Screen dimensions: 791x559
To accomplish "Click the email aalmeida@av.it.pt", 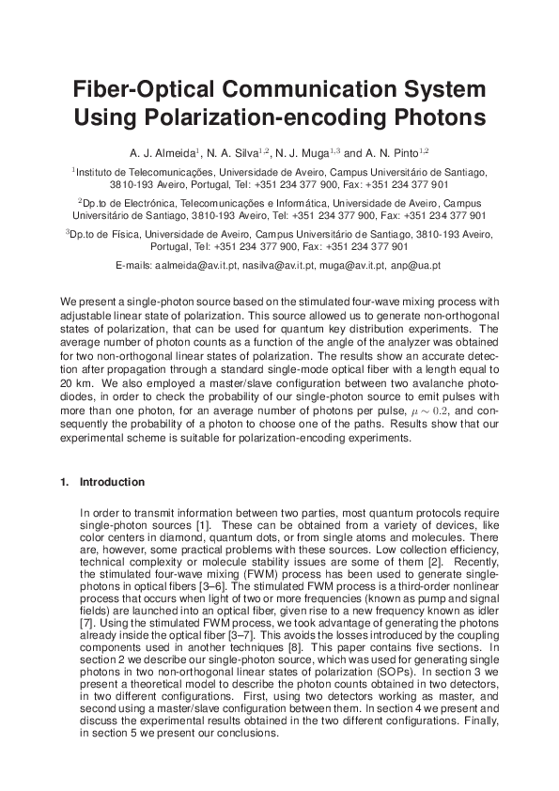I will pyautogui.click(x=195, y=266).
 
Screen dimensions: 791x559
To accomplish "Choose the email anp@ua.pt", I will pyautogui.click(x=417, y=266).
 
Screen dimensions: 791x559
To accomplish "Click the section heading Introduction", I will pyautogui.click(x=112, y=482).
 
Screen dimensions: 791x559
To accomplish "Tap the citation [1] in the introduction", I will pyautogui.click(x=209, y=523).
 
